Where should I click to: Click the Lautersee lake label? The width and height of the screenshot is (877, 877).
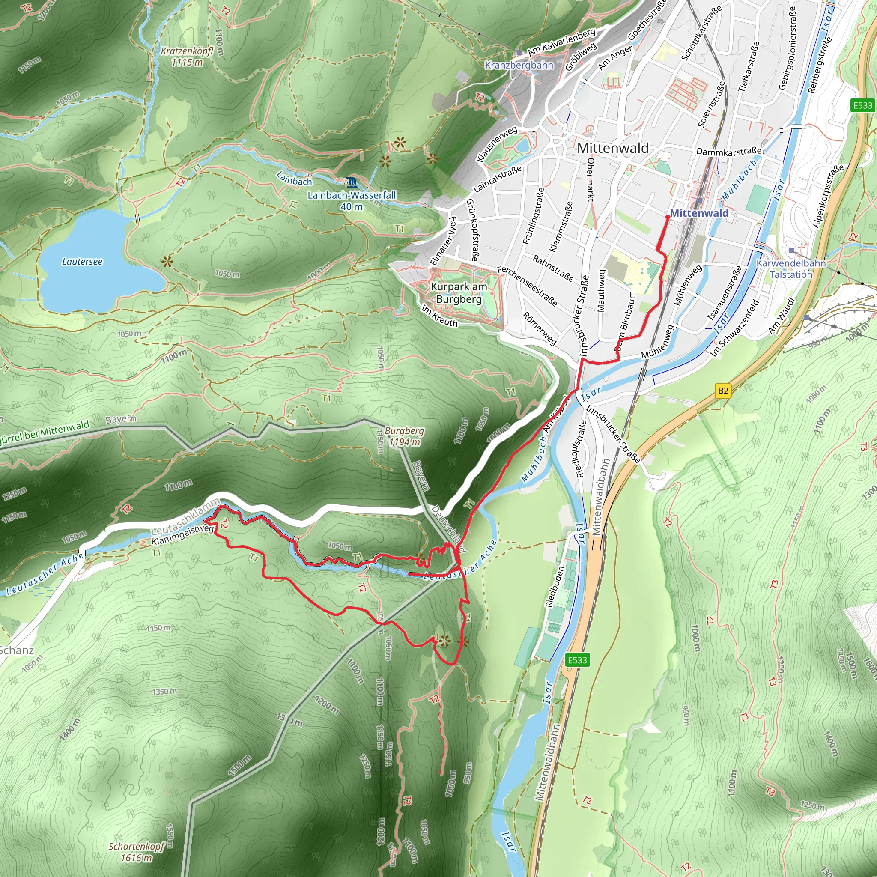coord(82,262)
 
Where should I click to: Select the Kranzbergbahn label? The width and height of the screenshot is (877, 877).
coord(519,65)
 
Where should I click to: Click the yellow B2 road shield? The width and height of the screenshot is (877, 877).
coord(723,391)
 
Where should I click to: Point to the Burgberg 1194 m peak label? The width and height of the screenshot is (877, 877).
coord(404,436)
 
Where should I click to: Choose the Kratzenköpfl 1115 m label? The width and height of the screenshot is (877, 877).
coord(187,56)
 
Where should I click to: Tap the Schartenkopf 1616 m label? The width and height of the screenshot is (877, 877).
coord(136,852)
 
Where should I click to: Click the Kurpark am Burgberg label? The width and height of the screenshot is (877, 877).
coord(459,293)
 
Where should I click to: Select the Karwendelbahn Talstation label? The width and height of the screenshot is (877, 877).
coord(791,269)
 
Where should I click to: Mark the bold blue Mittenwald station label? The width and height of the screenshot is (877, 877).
coord(698,213)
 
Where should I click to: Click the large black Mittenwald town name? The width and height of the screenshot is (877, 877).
coord(612,148)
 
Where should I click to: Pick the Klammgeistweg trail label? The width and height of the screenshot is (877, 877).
coord(182,536)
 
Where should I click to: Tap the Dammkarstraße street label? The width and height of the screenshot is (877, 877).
coord(728,152)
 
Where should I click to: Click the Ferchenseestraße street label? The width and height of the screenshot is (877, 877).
coord(527,286)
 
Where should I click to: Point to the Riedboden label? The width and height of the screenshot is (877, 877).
coord(554,587)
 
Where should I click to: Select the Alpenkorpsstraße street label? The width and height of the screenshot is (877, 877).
coord(829,196)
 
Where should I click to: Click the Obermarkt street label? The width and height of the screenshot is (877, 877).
coord(591,179)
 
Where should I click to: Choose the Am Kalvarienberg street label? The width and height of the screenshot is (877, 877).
coord(561,42)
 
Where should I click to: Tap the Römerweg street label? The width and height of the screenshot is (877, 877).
coord(539,328)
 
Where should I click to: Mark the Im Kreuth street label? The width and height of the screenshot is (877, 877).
coord(439,316)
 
